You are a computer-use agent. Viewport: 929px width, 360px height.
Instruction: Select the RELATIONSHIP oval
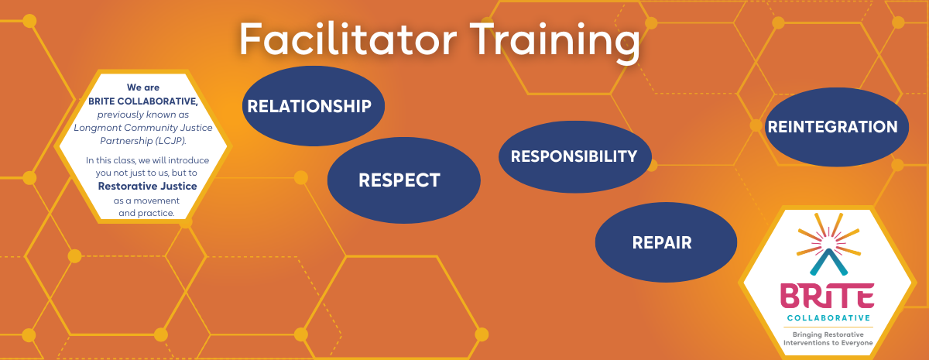pos(310,106)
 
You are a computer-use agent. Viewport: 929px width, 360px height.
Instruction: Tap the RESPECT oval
pos(399,180)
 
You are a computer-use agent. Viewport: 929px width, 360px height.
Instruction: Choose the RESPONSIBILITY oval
pos(574,156)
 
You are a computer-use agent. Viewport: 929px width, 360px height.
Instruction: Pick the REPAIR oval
pos(662,242)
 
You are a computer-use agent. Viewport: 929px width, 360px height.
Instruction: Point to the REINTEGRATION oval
pos(832,127)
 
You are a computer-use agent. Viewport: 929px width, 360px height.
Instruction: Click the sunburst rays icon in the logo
pos(828,232)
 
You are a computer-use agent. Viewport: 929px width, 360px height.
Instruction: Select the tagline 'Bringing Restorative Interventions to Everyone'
pos(828,338)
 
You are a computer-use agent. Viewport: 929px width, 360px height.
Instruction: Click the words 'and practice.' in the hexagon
pos(146,213)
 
